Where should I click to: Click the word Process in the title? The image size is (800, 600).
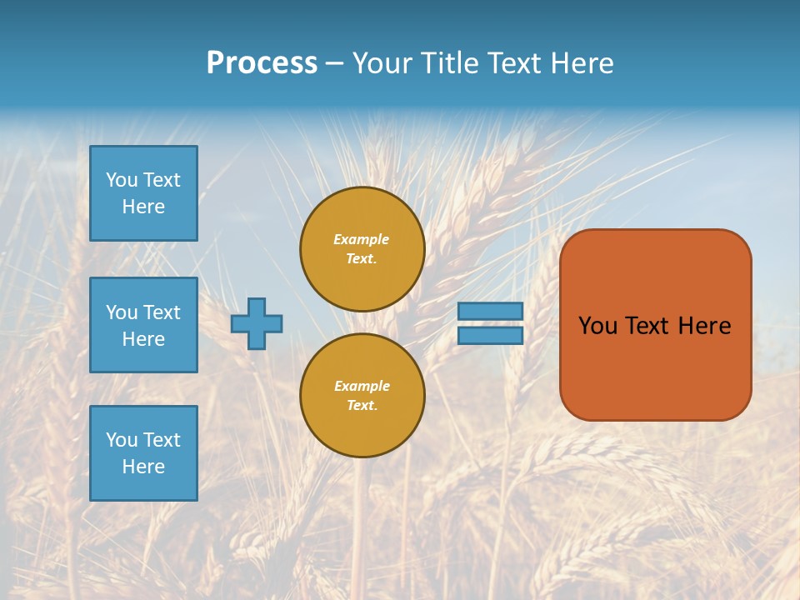(262, 63)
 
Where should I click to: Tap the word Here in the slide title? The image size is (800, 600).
(580, 63)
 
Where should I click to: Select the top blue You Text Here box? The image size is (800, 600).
(143, 193)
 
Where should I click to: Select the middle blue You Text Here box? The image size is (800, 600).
(143, 325)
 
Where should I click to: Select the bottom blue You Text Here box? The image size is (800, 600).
(143, 453)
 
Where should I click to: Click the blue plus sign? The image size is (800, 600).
(257, 323)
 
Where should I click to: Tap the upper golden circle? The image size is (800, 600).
(362, 249)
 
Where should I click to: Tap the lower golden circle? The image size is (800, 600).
(362, 396)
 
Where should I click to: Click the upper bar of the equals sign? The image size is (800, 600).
(491, 311)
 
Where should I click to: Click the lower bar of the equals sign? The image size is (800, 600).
(491, 336)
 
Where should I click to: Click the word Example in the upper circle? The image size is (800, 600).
(362, 239)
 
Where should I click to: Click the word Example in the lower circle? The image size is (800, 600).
(362, 386)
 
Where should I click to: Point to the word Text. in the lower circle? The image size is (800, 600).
(362, 406)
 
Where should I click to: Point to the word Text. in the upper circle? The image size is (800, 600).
(362, 259)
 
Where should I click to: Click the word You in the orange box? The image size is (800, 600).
(597, 326)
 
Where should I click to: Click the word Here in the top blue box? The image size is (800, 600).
(143, 207)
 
